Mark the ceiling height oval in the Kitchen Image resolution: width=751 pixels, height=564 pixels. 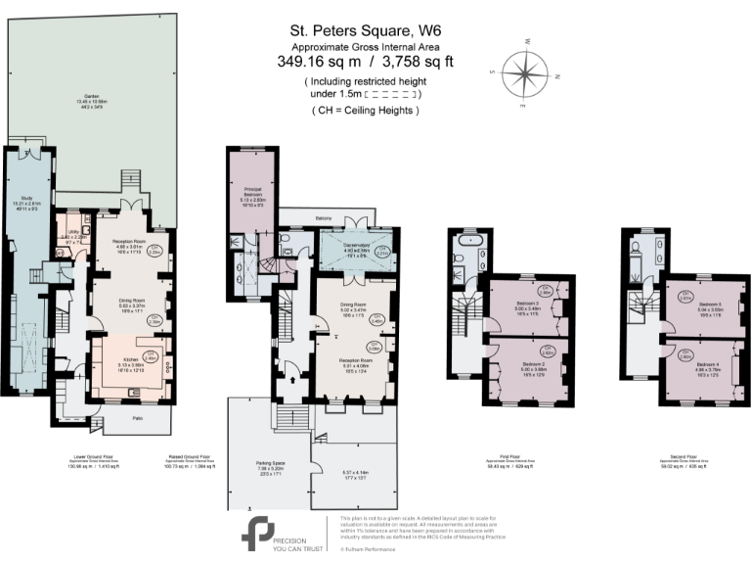click(151, 356)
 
